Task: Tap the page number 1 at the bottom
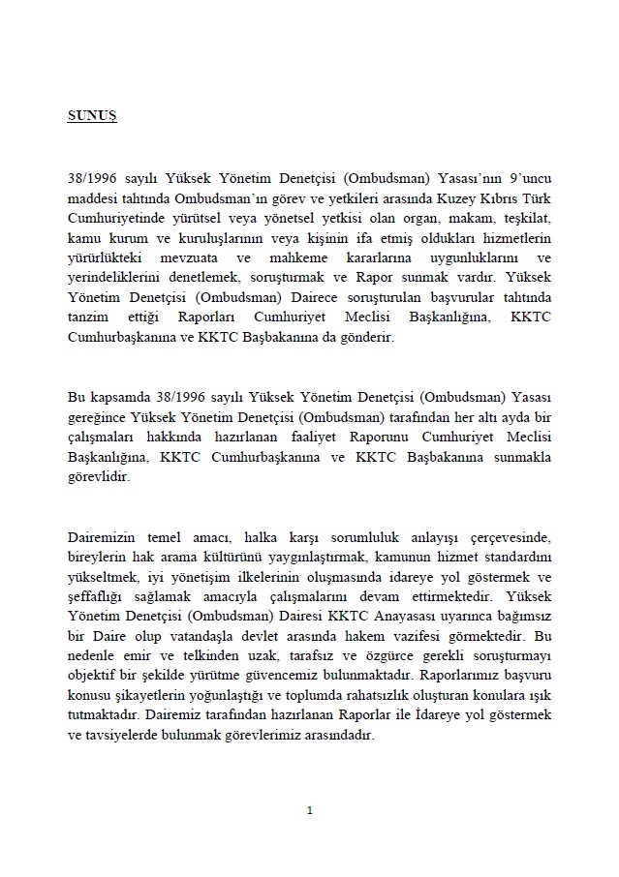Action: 309,809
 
